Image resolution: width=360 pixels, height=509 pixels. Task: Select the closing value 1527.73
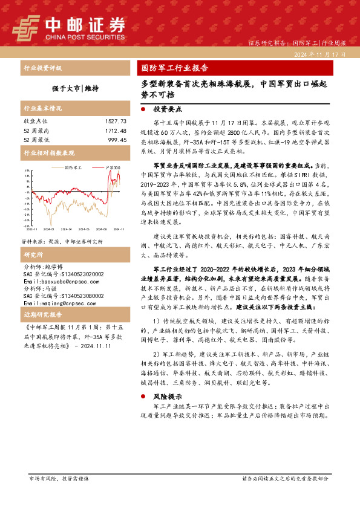pos(116,122)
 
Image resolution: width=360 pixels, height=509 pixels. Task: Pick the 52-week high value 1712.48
pos(116,131)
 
